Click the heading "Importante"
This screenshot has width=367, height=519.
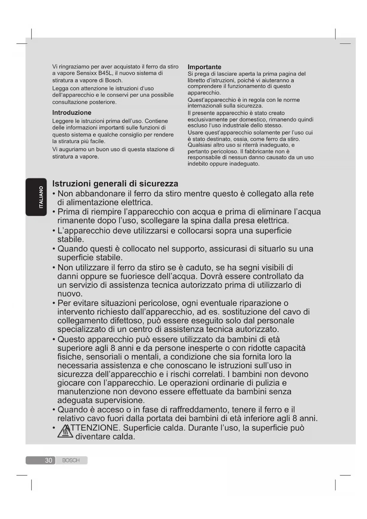pyautogui.click(x=204, y=67)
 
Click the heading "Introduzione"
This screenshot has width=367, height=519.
pyautogui.click(x=72, y=113)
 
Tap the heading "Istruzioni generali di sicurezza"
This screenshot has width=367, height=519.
pyautogui.click(x=115, y=184)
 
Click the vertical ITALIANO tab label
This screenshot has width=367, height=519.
pyautogui.click(x=41, y=197)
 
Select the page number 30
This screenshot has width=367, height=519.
pyautogui.click(x=48, y=460)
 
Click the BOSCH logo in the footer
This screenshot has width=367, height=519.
pyautogui.click(x=71, y=460)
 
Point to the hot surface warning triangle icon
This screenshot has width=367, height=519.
pyautogui.click(x=65, y=433)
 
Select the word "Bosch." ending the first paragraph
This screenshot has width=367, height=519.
pyautogui.click(x=114, y=80)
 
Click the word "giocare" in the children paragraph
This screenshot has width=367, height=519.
pyautogui.click(x=71, y=383)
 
